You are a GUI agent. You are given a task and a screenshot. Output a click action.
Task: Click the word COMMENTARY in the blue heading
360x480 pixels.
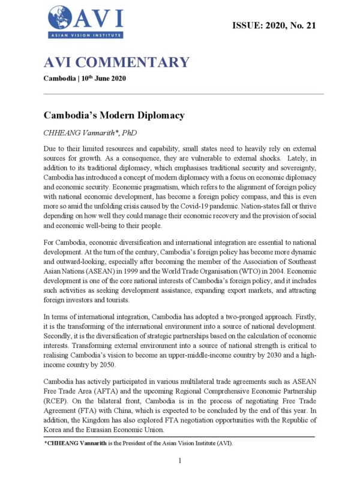click(x=135, y=62)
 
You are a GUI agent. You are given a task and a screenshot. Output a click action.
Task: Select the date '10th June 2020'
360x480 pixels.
click(x=108, y=79)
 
